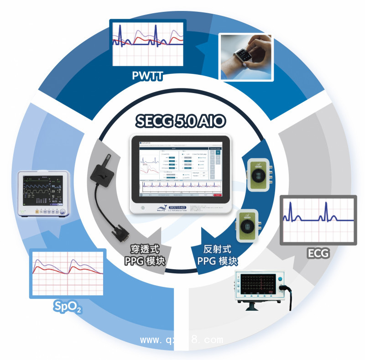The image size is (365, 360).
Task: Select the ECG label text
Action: point(318,252)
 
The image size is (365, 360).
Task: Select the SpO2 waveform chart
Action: point(68,273)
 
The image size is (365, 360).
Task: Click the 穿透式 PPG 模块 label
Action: point(146,256)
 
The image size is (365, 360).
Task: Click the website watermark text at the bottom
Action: point(182,340)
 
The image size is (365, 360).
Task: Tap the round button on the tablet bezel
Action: point(143,208)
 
